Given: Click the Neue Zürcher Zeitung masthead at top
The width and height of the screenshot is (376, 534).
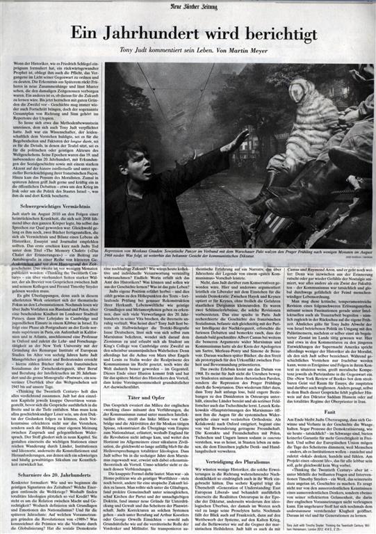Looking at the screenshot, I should click(188, 8).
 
